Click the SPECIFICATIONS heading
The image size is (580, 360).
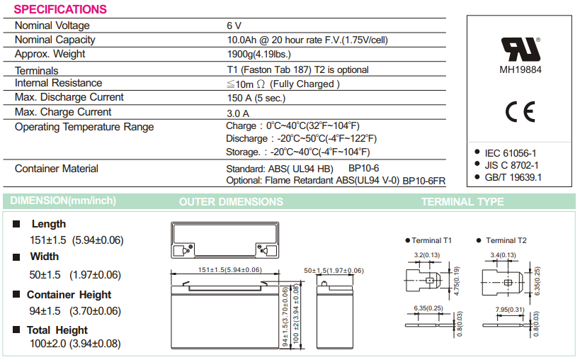[x=60, y=9]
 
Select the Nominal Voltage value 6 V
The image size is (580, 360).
[x=234, y=26]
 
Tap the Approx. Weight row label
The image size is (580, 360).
[x=50, y=54]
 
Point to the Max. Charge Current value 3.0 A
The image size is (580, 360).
[x=238, y=113]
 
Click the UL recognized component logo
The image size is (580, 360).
[x=520, y=48]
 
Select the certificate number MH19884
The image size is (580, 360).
[x=520, y=70]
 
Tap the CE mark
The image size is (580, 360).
[x=520, y=111]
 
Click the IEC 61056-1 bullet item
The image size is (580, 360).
[x=510, y=152]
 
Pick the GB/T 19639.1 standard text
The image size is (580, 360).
[x=513, y=177]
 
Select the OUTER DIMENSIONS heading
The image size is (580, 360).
[x=231, y=202]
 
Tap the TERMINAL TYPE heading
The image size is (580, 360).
[x=462, y=202]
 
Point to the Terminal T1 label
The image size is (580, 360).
[x=431, y=241]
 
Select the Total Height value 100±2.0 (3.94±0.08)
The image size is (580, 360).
[x=75, y=344]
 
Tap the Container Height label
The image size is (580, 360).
[x=69, y=295]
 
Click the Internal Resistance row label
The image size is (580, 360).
[x=58, y=83]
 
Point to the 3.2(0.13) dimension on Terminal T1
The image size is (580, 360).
[x=427, y=255]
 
